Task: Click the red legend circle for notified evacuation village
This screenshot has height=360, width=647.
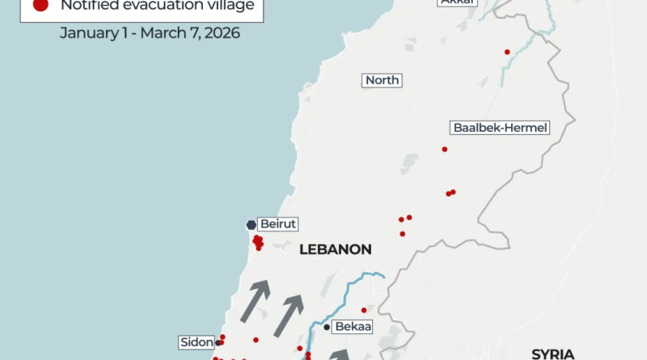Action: pyautogui.click(x=38, y=6)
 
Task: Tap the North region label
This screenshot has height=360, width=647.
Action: pyautogui.click(x=382, y=80)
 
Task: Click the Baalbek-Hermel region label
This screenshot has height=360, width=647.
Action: pyautogui.click(x=500, y=128)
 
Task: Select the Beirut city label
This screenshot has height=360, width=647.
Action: pyautogui.click(x=269, y=224)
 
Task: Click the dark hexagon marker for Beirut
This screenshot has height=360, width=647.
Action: pyautogui.click(x=250, y=225)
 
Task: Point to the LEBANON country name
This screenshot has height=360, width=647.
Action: pyautogui.click(x=335, y=250)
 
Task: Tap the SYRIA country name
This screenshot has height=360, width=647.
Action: pyautogui.click(x=552, y=354)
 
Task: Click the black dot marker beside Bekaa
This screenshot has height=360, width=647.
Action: pyautogui.click(x=327, y=328)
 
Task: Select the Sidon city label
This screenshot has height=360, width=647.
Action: pyautogui.click(x=197, y=342)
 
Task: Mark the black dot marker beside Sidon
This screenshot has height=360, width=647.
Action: pyautogui.click(x=218, y=343)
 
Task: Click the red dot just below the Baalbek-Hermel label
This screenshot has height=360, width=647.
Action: pyautogui.click(x=445, y=149)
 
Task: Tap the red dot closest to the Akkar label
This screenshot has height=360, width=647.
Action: pyautogui.click(x=507, y=52)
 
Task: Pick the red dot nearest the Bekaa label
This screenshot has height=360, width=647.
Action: pyautogui.click(x=364, y=310)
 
